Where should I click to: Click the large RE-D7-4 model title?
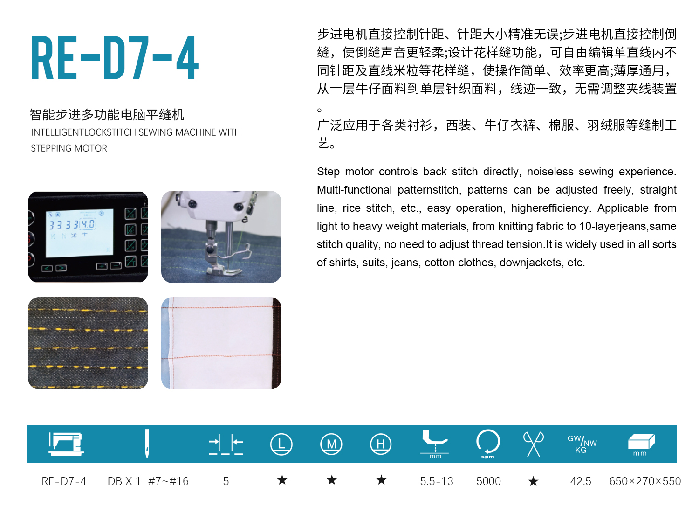coord(115,58)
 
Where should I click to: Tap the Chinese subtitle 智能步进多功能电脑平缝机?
coord(107,115)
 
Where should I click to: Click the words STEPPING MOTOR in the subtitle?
coord(69,148)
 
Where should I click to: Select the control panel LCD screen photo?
coord(88,237)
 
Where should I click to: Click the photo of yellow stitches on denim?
coord(88,343)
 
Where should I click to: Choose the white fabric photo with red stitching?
coord(221,343)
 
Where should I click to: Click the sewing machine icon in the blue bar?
coord(66,444)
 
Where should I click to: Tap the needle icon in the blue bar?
coord(147,444)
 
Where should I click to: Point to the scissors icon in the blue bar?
coord(533,444)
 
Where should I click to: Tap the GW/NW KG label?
coord(582,444)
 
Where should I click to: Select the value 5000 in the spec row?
coord(488,481)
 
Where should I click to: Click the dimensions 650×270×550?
coord(645,481)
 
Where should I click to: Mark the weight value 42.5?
coord(581,481)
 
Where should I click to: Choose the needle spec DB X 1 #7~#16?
coord(148,481)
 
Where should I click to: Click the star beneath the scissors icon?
coord(533,481)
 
